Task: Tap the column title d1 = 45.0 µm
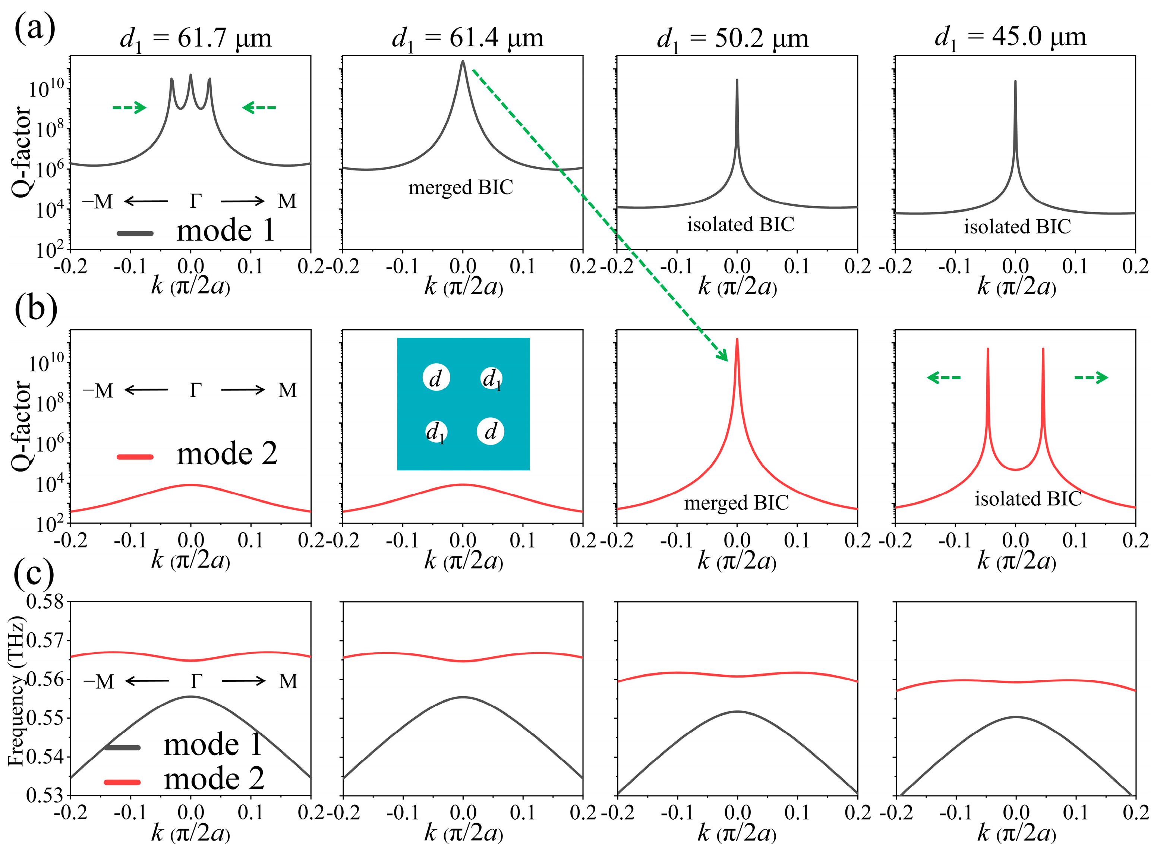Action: pyautogui.click(x=1010, y=38)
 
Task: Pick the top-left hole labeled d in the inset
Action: pyautogui.click(x=436, y=378)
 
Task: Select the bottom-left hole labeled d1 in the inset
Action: pyautogui.click(x=436, y=433)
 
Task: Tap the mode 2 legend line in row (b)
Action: pyautogui.click(x=135, y=456)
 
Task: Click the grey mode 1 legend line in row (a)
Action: pyautogui.click(x=135, y=233)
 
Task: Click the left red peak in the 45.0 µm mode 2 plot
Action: pyautogui.click(x=987, y=352)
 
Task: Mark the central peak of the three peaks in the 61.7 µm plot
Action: pyautogui.click(x=191, y=76)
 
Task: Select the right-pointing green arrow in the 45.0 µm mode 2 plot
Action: pyautogui.click(x=1091, y=378)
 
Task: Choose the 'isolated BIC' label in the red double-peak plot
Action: pyautogui.click(x=1028, y=499)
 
